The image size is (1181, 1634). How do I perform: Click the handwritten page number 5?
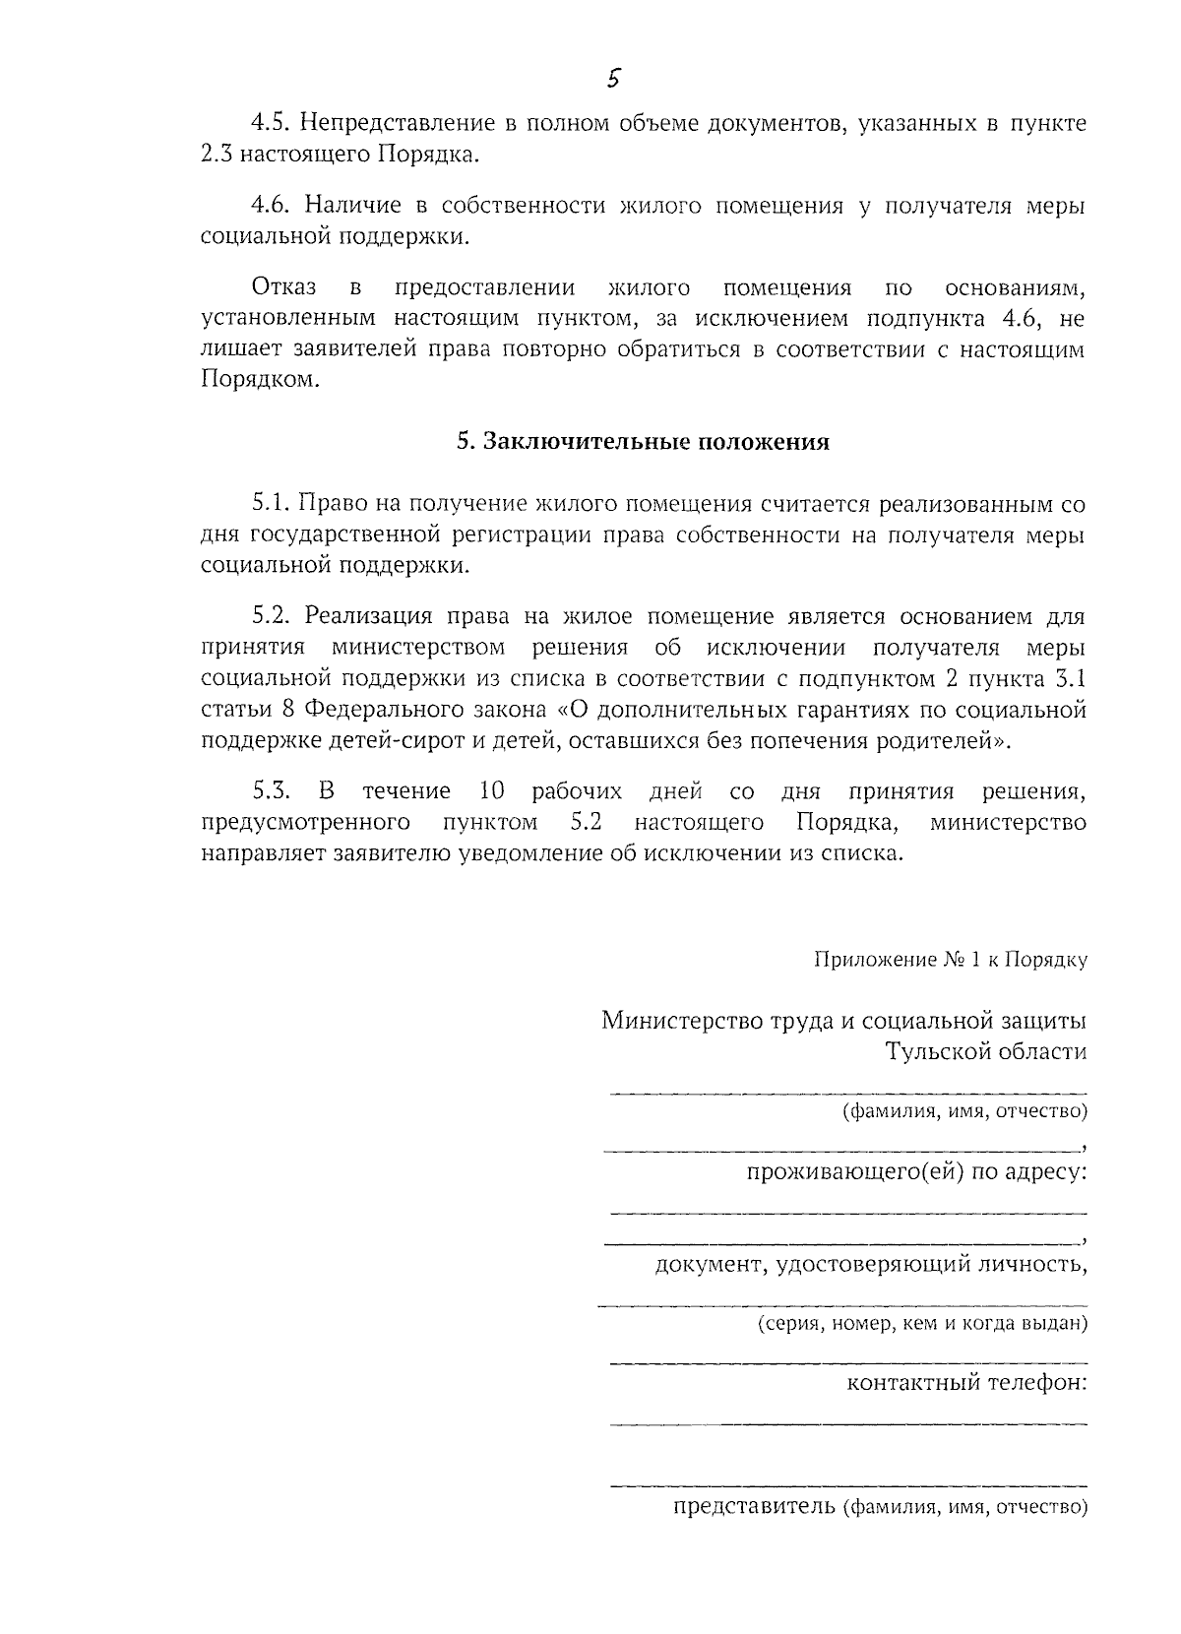pos(612,79)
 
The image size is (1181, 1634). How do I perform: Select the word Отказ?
pos(284,287)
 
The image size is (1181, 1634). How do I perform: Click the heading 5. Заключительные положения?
pos(643,442)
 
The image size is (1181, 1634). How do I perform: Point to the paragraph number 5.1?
pos(270,503)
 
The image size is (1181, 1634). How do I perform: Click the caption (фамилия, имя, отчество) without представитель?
pos(963,1112)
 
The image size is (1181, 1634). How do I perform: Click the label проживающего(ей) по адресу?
pos(916,1172)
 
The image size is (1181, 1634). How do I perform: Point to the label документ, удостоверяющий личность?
pos(871,1264)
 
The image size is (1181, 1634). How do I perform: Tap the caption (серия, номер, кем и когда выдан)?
pos(921,1324)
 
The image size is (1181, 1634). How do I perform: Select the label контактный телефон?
pos(966,1384)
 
